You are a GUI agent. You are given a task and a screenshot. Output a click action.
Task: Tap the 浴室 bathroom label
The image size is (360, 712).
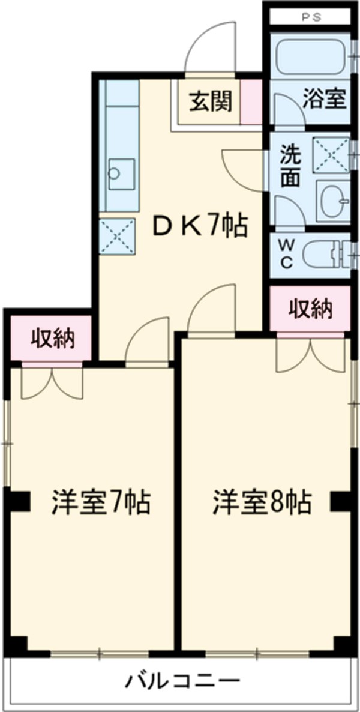click(324, 100)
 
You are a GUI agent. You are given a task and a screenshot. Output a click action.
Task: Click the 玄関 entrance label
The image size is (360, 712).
click(211, 102)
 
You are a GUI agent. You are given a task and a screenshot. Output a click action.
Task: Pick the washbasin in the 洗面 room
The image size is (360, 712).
click(332, 200)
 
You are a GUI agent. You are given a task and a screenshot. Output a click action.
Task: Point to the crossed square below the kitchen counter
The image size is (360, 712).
click(118, 237)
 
